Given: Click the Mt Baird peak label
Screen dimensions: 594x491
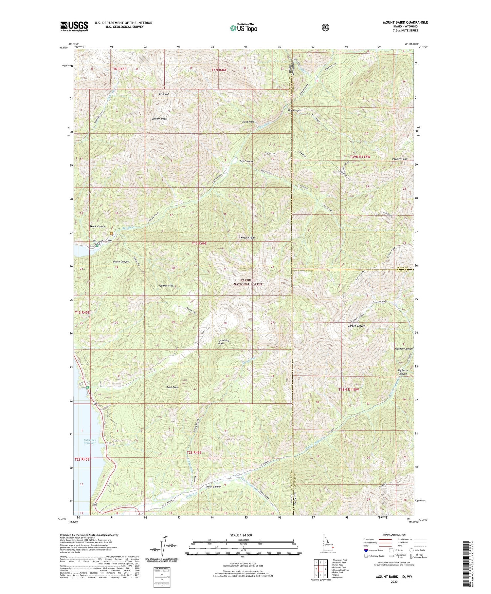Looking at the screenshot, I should (163, 94).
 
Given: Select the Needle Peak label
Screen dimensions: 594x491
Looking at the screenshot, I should (248, 238).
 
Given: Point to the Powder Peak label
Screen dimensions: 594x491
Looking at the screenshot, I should (399, 159).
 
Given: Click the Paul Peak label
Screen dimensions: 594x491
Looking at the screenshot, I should (172, 387).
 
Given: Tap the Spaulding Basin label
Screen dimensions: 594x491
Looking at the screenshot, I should (224, 342).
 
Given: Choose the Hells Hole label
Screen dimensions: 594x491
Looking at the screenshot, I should (248, 122).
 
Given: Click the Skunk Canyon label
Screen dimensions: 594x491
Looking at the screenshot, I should (98, 226).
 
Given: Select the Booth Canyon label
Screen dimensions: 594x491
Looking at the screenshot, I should (121, 261).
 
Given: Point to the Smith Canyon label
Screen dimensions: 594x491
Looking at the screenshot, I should (213, 487).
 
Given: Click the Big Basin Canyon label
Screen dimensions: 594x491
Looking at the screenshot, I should (402, 372).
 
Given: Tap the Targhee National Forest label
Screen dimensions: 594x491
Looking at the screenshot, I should (248, 282).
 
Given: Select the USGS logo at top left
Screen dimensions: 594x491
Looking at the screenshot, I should (74, 26).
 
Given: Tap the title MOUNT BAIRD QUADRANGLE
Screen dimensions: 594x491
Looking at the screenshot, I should (405, 22).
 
